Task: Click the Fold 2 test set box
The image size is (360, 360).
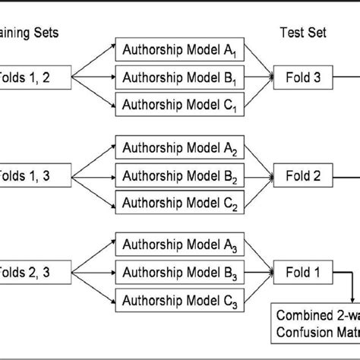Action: pos(302,175)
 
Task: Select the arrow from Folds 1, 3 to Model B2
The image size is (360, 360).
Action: pos(94,175)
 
